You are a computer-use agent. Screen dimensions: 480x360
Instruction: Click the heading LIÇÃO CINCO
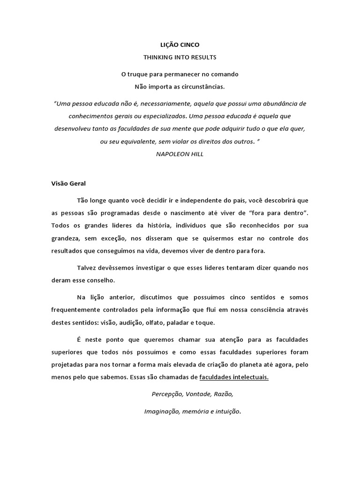click(180, 45)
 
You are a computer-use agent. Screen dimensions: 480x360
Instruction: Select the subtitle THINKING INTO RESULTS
click(180, 57)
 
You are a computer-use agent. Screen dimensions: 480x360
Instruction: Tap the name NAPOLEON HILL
click(180, 154)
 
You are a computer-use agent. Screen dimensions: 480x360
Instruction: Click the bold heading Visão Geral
click(65, 183)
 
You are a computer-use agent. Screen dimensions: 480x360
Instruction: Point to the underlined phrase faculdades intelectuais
click(234, 377)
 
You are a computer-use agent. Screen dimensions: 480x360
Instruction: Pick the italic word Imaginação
click(162, 412)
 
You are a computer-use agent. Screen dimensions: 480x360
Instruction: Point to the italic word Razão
click(222, 394)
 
